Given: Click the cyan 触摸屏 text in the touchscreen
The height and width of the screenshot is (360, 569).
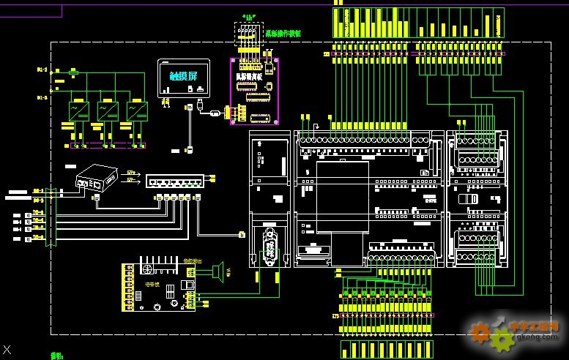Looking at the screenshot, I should (183, 76).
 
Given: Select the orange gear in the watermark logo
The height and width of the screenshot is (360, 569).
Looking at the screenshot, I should (481, 332).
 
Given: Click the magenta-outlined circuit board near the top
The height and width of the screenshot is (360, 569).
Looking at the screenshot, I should (254, 91).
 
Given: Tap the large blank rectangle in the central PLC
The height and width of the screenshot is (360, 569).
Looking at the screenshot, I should (342, 196).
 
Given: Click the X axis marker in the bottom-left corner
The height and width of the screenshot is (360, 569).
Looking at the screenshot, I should (7, 350).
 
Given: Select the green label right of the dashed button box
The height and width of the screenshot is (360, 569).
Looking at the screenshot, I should (283, 34).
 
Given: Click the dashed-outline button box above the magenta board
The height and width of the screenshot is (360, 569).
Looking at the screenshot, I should (248, 34).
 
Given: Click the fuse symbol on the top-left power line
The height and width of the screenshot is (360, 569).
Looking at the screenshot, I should (73, 72).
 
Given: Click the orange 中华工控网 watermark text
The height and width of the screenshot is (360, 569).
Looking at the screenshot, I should (534, 326).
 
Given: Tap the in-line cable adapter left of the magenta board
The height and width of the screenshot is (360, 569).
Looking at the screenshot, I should (215, 113).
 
